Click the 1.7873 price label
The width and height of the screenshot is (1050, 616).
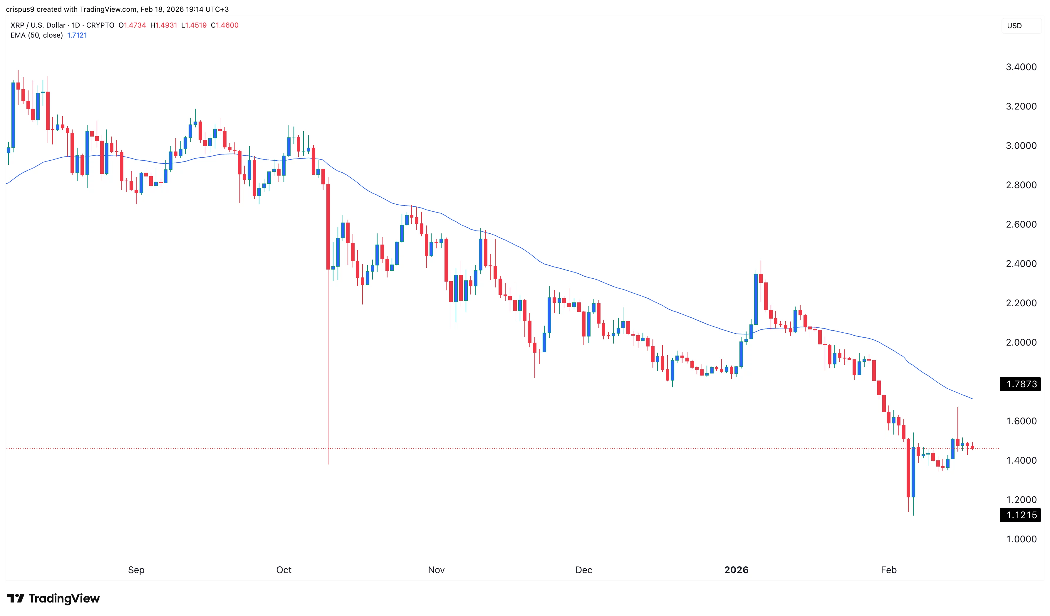point(1021,384)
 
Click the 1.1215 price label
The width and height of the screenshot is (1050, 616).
point(1021,515)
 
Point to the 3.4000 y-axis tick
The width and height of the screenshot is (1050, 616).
point(1021,67)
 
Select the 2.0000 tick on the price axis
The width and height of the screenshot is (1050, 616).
point(1021,342)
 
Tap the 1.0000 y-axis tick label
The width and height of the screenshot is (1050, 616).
point(1021,539)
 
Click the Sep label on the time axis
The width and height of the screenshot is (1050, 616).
point(136,570)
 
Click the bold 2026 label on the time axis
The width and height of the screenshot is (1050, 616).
point(736,570)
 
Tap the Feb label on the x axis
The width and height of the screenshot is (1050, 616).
point(888,570)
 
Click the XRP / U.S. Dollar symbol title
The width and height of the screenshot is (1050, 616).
point(38,25)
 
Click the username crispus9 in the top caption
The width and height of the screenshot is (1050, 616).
point(20,9)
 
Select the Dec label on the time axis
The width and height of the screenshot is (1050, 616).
point(583,570)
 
